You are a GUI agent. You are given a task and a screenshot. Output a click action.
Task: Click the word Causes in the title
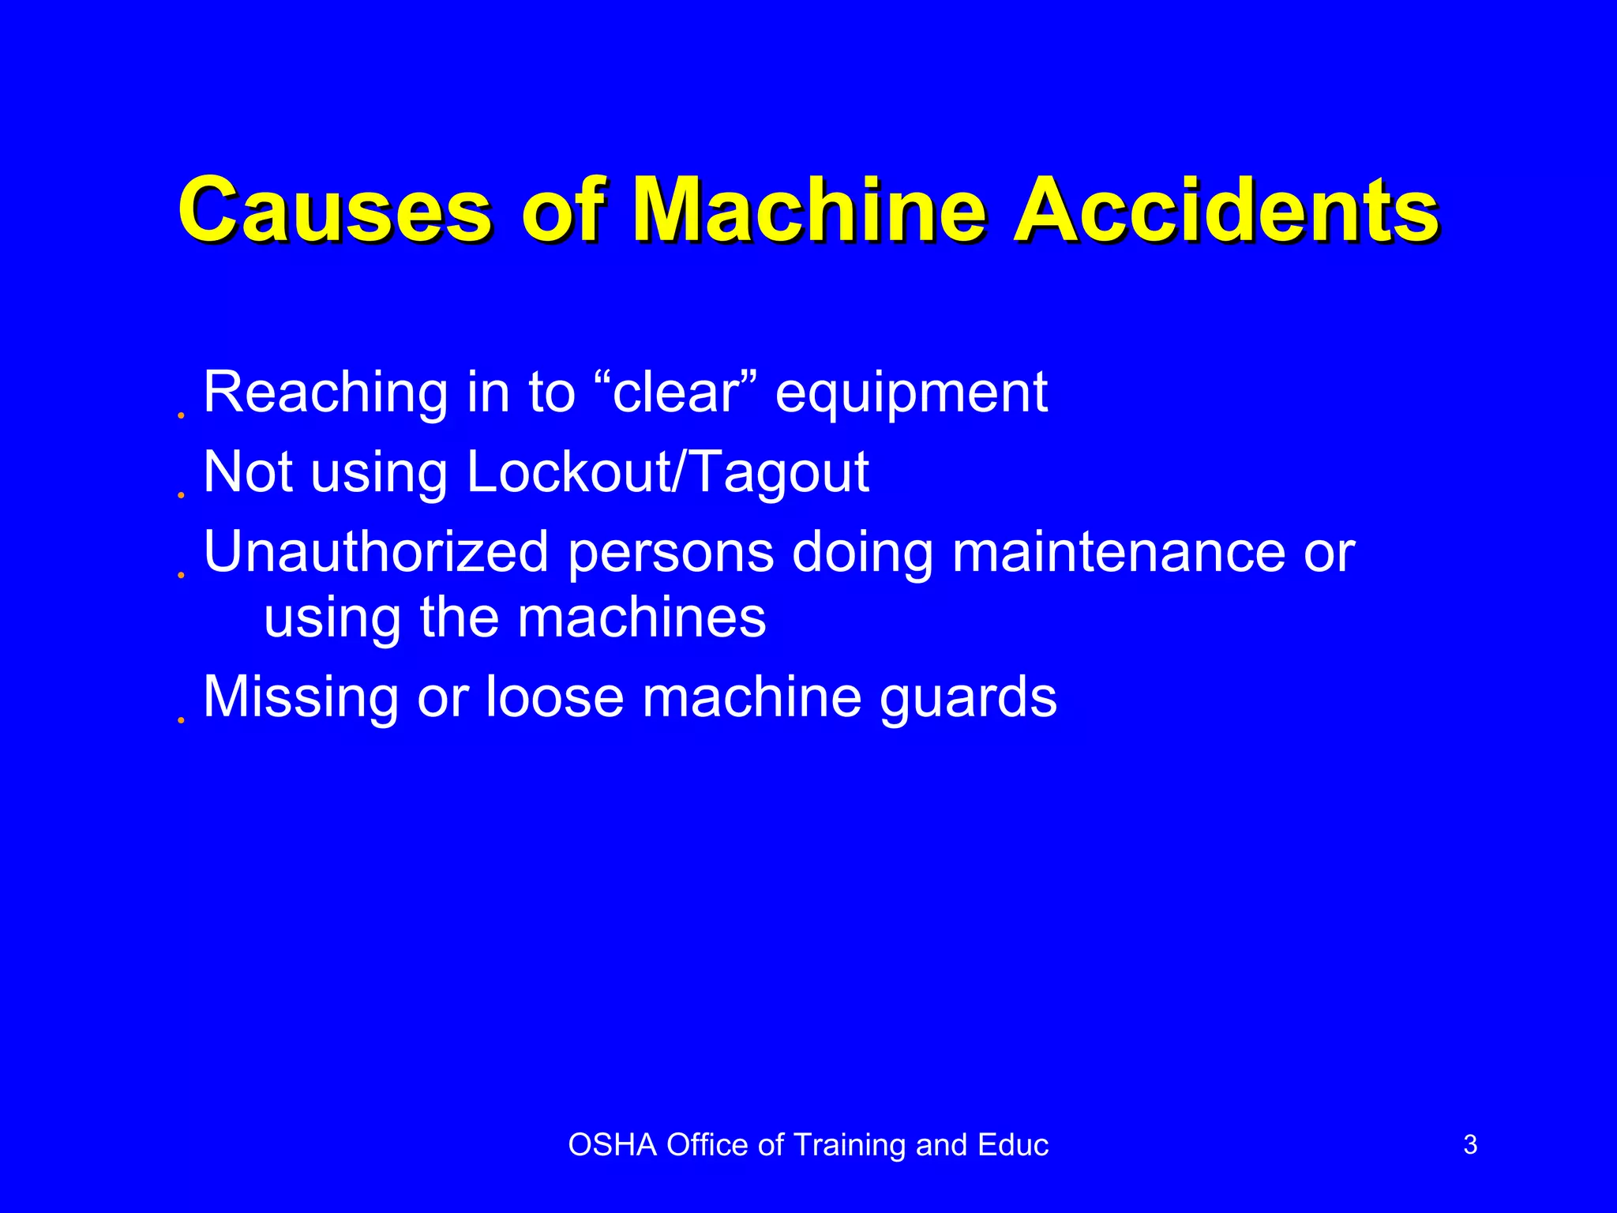point(336,211)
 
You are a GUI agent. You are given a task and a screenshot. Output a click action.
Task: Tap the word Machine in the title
point(809,211)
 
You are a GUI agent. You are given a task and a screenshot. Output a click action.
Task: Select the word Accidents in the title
point(1226,211)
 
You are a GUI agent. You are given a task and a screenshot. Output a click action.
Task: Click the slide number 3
point(1470,1145)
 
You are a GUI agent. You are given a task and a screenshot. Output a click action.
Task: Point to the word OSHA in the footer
point(612,1145)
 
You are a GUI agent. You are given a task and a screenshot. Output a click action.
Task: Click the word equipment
point(911,394)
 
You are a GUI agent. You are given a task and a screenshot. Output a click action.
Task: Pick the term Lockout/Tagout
point(667,473)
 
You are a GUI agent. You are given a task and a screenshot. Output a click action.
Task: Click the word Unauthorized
point(376,551)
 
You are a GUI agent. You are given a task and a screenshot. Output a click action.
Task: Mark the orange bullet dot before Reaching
point(181,415)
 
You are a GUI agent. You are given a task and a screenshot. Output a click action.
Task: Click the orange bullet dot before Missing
point(181,720)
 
